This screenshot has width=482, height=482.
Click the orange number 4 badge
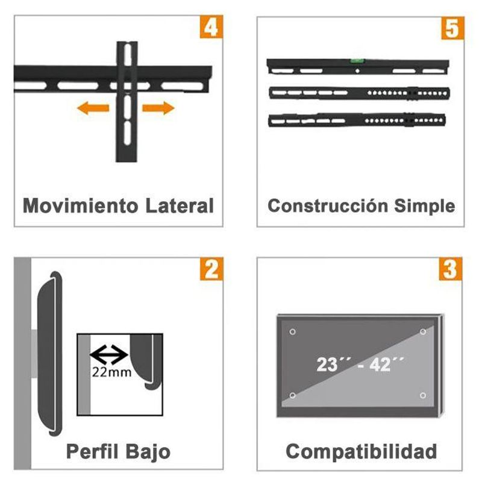[211, 27]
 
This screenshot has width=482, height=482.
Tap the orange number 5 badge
[453, 28]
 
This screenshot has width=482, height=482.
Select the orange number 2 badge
[211, 269]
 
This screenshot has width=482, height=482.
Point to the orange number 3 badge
[451, 269]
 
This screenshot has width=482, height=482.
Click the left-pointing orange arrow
[93, 108]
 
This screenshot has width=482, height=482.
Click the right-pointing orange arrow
[158, 108]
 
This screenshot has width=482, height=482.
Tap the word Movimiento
[81, 205]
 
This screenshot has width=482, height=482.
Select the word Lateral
[180, 205]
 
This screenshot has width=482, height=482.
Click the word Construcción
[328, 205]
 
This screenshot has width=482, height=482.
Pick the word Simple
[425, 206]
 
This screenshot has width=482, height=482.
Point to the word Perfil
[92, 451]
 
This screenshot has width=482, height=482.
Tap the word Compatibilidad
[361, 452]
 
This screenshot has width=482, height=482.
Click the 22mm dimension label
[112, 372]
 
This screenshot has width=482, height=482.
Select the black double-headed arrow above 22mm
[109, 355]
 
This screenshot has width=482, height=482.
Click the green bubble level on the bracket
[357, 61]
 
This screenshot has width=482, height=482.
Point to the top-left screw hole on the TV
[293, 332]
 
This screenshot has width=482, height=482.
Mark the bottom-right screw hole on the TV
[423, 395]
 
